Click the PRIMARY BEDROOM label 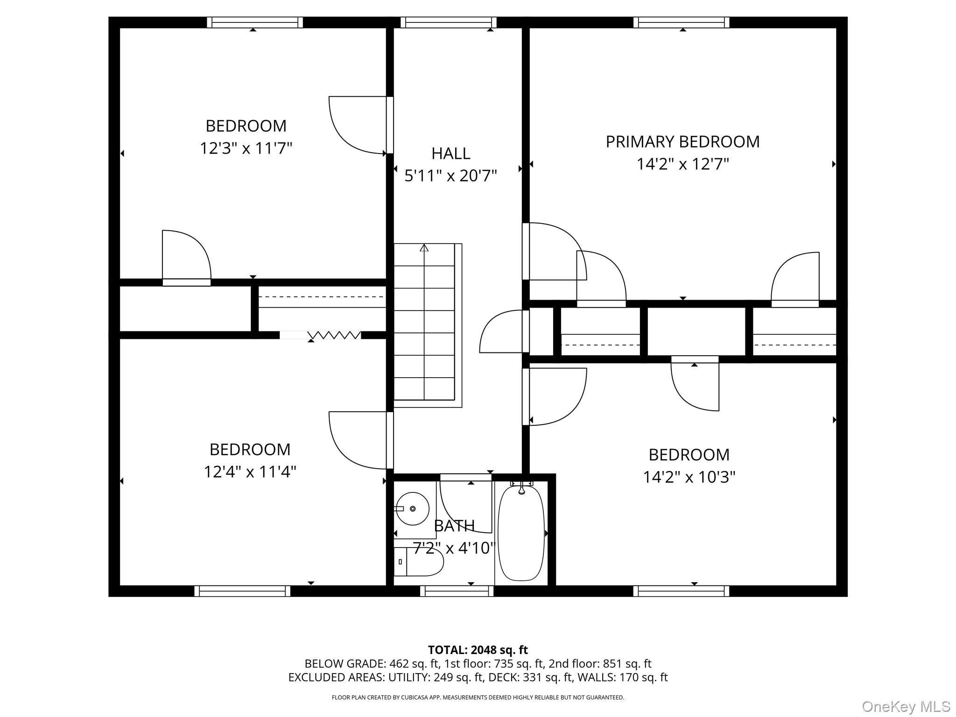(682, 141)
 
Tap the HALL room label (450, 153)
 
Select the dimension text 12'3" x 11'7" (246, 148)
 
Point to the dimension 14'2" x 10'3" (689, 477)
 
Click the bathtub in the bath (521, 532)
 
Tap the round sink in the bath (413, 508)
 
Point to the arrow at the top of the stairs (424, 248)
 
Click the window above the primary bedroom (682, 22)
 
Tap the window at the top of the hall (448, 22)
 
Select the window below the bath (457, 591)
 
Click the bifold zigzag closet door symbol (334, 335)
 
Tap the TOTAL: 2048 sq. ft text (478, 650)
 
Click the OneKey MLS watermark (906, 706)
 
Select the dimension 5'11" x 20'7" (450, 176)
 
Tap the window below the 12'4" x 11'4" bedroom (242, 591)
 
